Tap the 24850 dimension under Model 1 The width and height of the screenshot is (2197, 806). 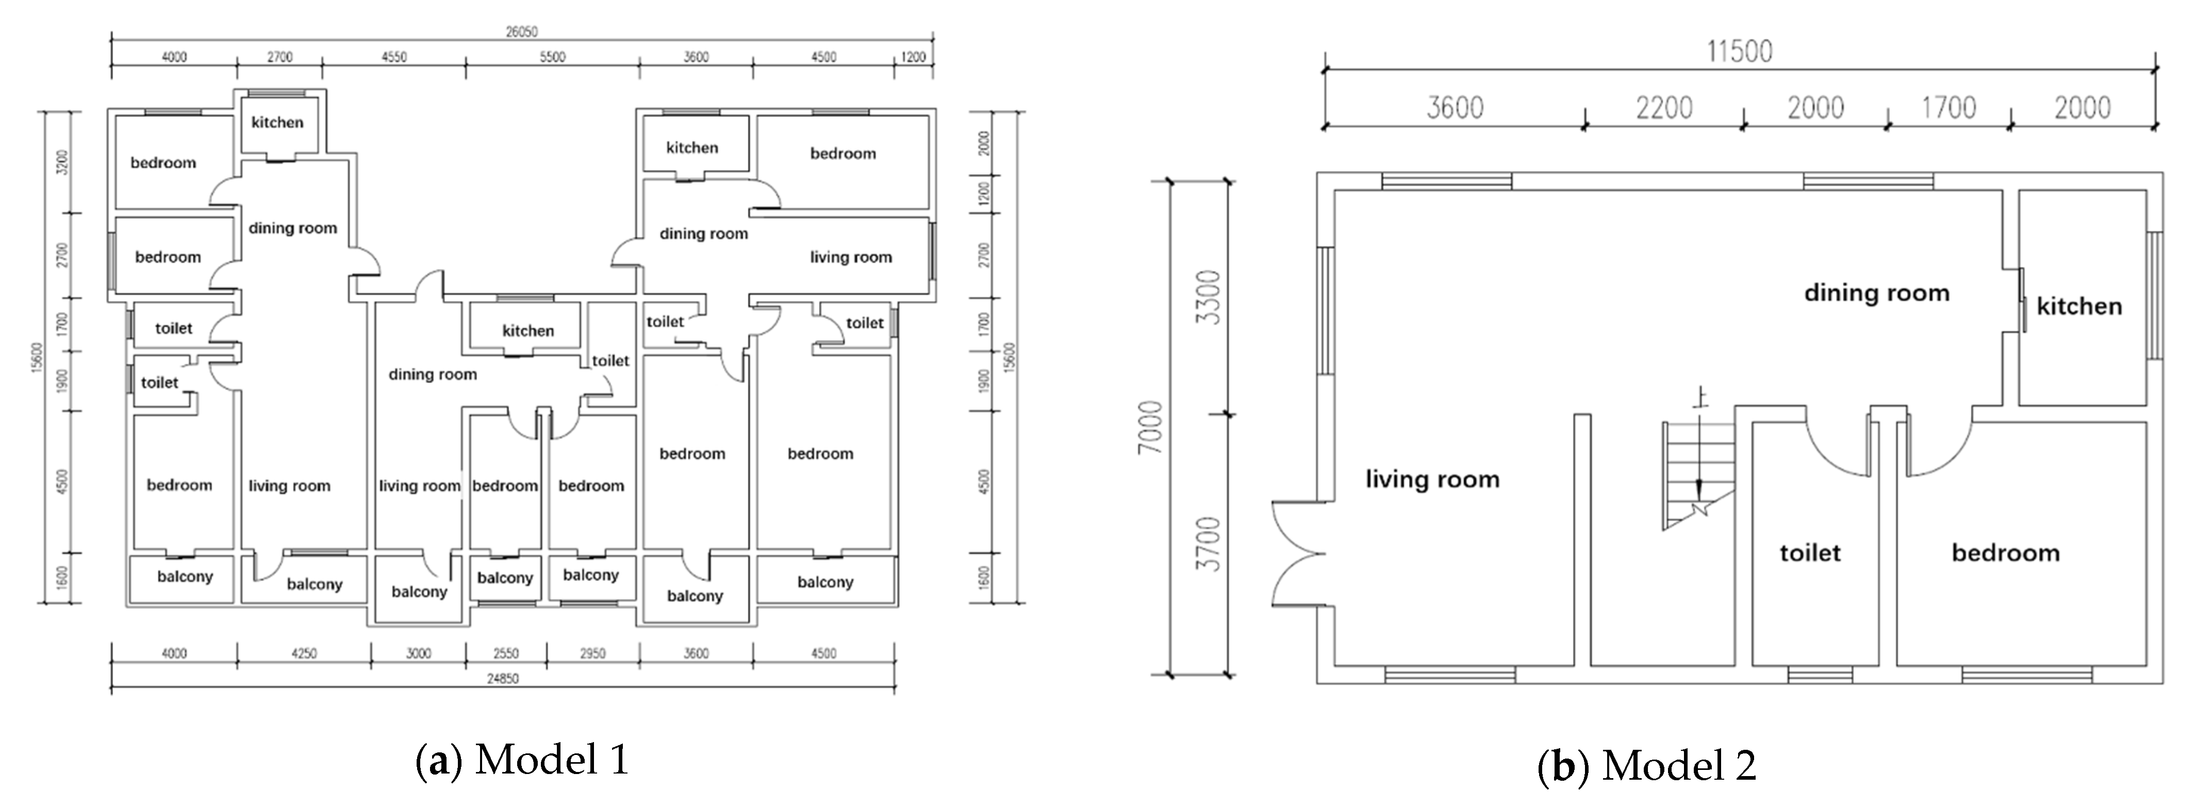click(502, 679)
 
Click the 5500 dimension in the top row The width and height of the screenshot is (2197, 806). click(553, 57)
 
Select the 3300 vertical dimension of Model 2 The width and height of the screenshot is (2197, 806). click(1210, 297)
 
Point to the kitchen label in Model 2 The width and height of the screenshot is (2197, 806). click(2079, 306)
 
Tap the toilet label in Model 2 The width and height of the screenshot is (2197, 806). click(1810, 553)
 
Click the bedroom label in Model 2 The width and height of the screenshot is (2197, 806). click(2006, 553)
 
